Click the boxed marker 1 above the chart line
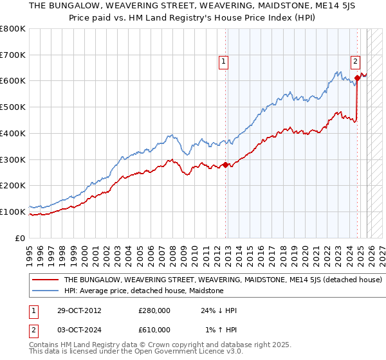[223, 62]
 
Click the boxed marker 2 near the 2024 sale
[355, 62]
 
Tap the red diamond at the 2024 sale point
[357, 78]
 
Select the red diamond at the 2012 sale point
[225, 165]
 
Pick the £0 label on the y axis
[20, 238]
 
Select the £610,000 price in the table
[154, 329]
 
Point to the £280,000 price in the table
[154, 310]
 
